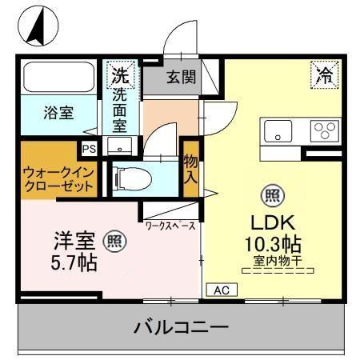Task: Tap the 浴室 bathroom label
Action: [x=58, y=113]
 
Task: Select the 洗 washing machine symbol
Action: [x=119, y=77]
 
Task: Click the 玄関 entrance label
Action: [x=181, y=78]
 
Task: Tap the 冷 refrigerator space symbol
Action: [x=325, y=76]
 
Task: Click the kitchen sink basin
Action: [x=280, y=130]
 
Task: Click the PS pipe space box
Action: [x=88, y=148]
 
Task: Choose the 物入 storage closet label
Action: [x=191, y=169]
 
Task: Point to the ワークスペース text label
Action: [x=170, y=226]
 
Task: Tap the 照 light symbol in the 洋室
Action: [x=115, y=238]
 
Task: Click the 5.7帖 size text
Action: [x=75, y=262]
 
